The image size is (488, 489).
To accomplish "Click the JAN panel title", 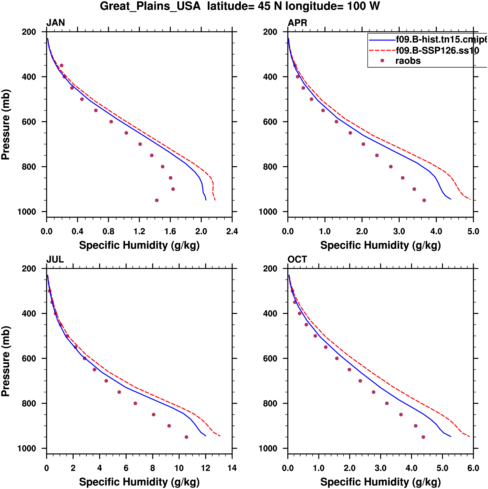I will pyautogui.click(x=55, y=23).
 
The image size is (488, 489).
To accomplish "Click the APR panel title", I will pyautogui.click(x=297, y=23).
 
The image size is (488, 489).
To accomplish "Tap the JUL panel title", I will pyautogui.click(x=55, y=260).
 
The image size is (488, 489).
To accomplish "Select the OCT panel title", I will pyautogui.click(x=297, y=260).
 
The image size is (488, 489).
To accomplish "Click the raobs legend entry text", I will pyautogui.click(x=408, y=61).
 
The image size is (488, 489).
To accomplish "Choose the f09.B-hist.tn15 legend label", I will pyautogui.click(x=441, y=39).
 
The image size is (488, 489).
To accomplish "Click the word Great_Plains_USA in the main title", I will pyautogui.click(x=150, y=6).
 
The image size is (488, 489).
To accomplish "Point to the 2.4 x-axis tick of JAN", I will pyautogui.click(x=232, y=231).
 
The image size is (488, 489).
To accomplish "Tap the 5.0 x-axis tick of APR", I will pyautogui.click(x=473, y=231).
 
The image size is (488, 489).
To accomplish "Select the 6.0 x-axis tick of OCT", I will pyautogui.click(x=473, y=468).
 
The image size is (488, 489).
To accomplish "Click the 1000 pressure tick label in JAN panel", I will pyautogui.click(x=27, y=212).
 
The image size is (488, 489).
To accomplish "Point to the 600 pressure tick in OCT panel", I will pyautogui.click(x=270, y=358).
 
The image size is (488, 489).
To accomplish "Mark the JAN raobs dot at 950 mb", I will pyautogui.click(x=157, y=201).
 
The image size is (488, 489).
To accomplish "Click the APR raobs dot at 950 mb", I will pyautogui.click(x=424, y=201).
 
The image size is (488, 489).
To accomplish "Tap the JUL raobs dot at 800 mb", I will pyautogui.click(x=135, y=404).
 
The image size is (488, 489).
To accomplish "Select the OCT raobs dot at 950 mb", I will pyautogui.click(x=423, y=437).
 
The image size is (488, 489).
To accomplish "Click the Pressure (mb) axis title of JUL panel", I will pyautogui.click(x=5, y=361).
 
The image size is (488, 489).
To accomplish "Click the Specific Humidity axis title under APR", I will pyautogui.click(x=380, y=245).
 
